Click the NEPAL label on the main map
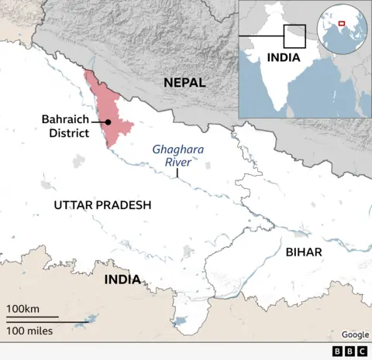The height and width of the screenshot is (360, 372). [184, 82]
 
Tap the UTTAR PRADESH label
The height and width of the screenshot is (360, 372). [102, 205]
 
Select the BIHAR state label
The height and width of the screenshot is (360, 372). [304, 252]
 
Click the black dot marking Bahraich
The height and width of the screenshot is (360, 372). [108, 122]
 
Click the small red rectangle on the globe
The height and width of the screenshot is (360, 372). [342, 23]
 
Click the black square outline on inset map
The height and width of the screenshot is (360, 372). [294, 36]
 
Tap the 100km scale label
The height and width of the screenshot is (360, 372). [23, 310]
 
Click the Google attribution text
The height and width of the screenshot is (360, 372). [355, 334]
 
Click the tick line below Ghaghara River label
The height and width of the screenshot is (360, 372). [177, 174]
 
